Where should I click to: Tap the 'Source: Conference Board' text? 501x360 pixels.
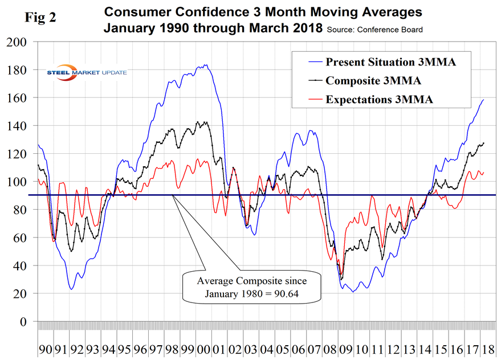pyautogui.click(x=376, y=29)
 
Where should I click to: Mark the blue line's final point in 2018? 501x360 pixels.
pyautogui.click(x=483, y=100)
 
